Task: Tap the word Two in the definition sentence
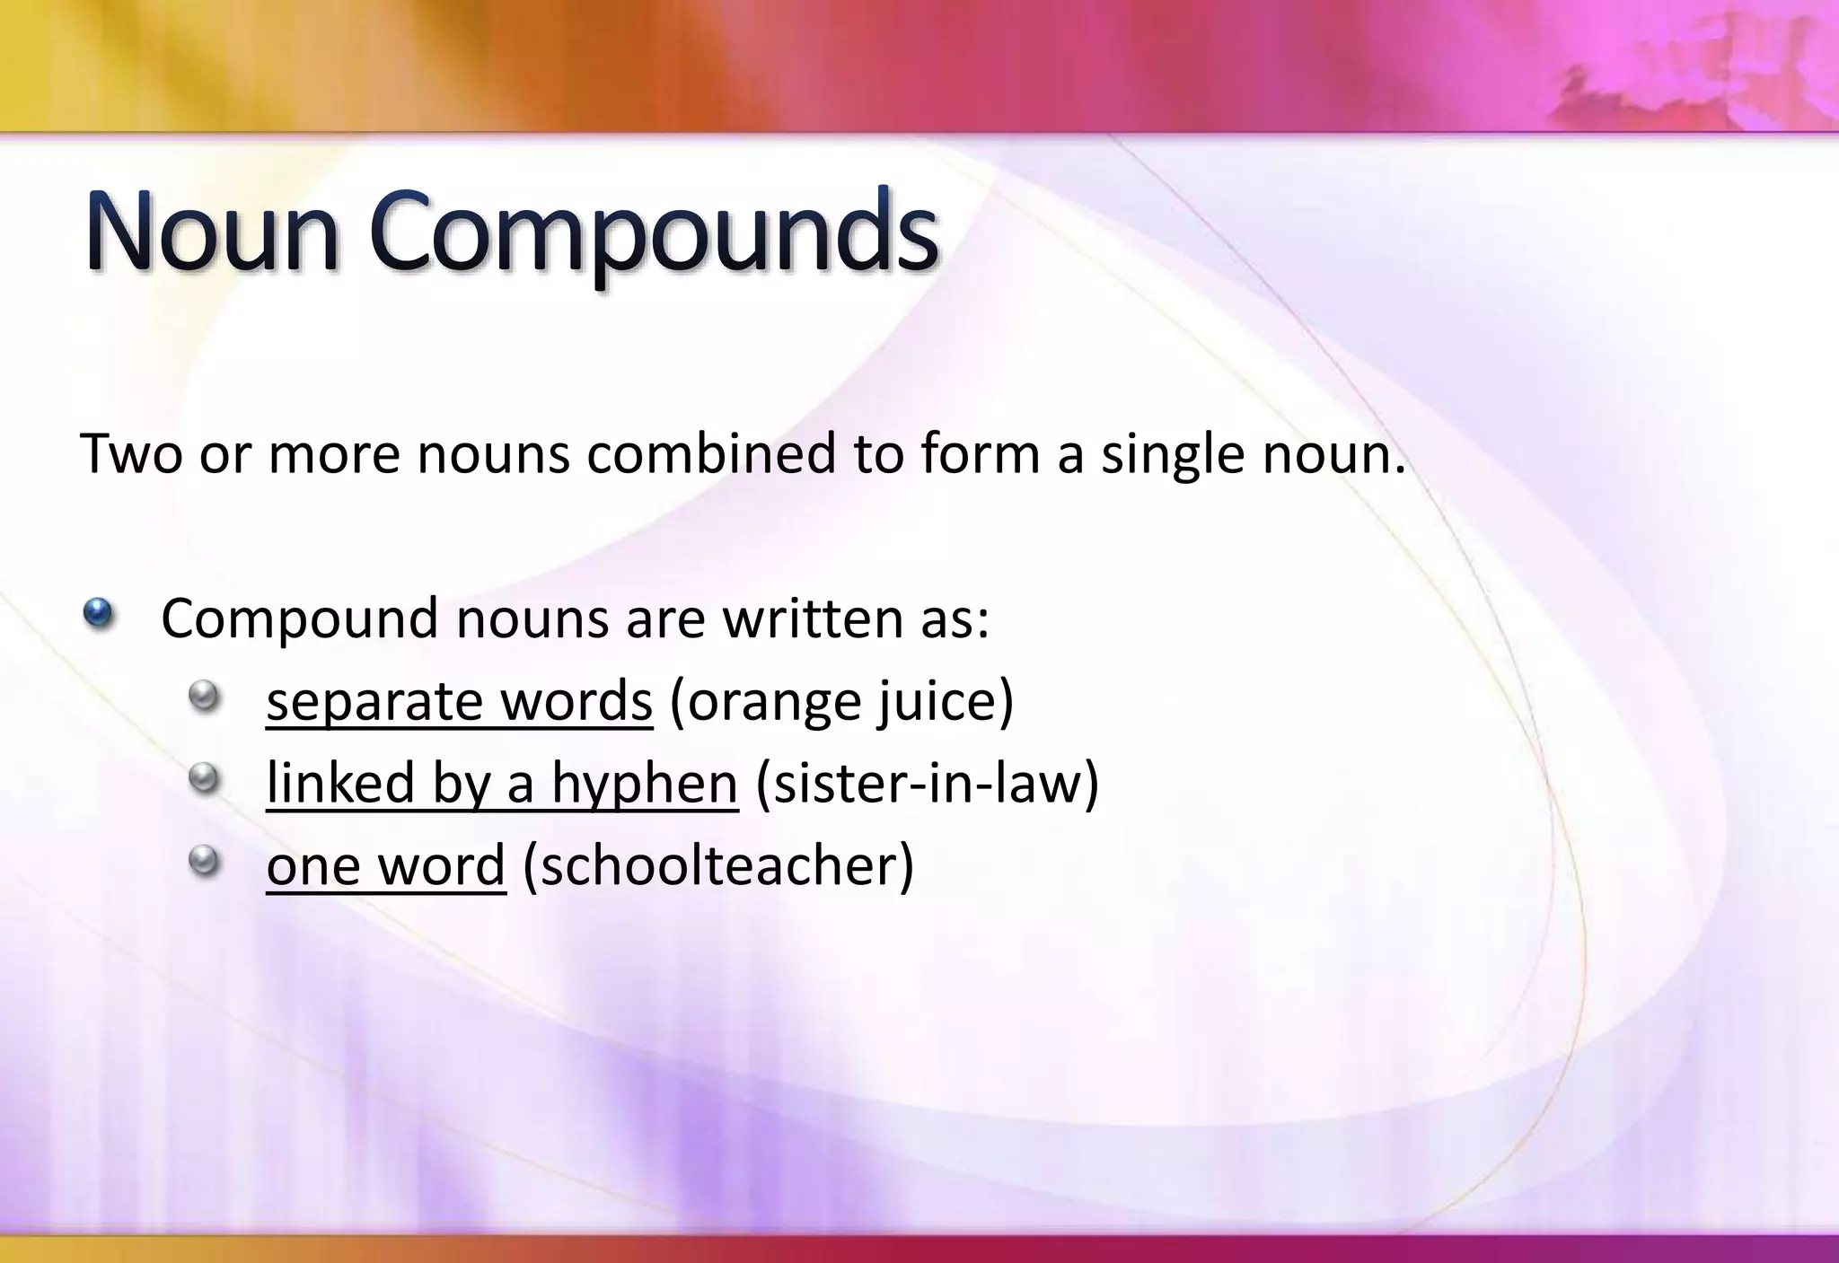(132, 453)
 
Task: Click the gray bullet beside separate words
(205, 696)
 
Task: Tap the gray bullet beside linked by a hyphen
(205, 778)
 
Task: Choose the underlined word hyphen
(644, 784)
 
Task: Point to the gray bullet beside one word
(205, 861)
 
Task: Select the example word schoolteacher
(717, 866)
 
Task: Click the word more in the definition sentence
(334, 455)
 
